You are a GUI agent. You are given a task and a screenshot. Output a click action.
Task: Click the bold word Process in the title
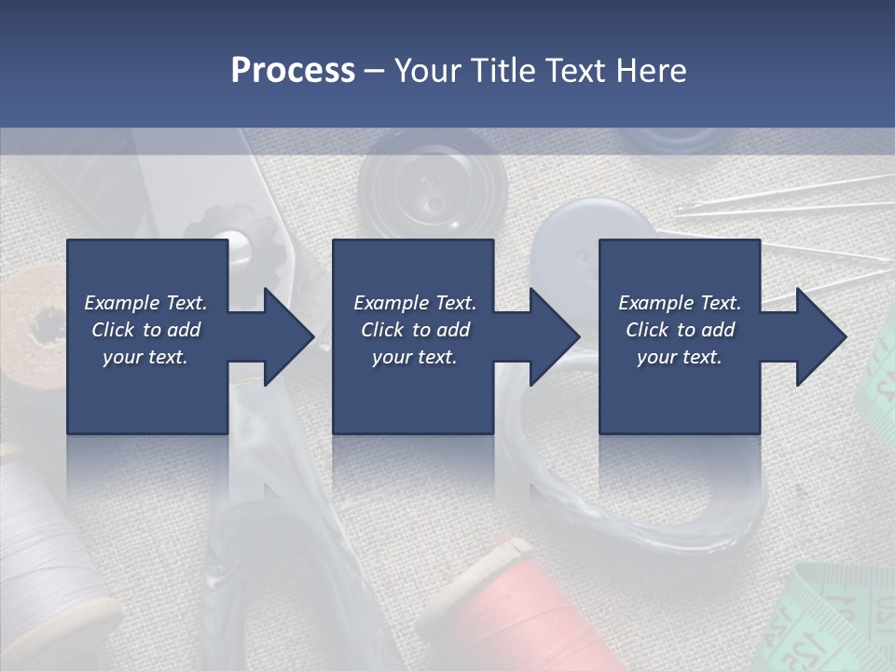coord(293,71)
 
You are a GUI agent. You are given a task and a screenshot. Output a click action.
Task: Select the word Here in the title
coord(653,71)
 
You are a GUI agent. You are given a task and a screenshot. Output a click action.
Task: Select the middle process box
coord(413,391)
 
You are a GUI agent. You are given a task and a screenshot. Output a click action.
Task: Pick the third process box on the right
coord(679,391)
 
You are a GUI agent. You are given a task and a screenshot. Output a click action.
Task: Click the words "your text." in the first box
coord(145,357)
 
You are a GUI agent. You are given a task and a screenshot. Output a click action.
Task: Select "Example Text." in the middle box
coord(415,303)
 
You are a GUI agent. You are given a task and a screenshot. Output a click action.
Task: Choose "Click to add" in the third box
coord(681,330)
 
